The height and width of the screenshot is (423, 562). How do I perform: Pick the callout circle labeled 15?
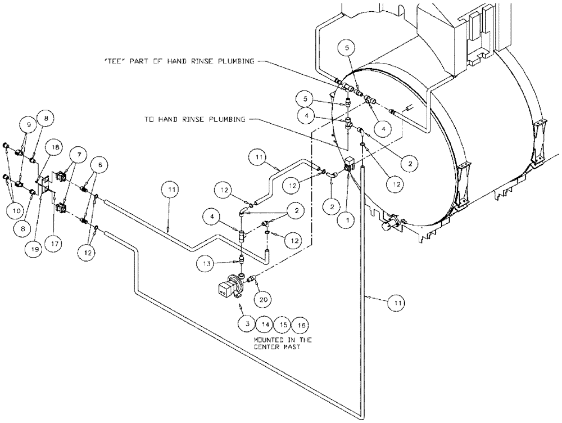[x=283, y=325]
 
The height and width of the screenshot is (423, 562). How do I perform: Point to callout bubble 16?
[x=302, y=325]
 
